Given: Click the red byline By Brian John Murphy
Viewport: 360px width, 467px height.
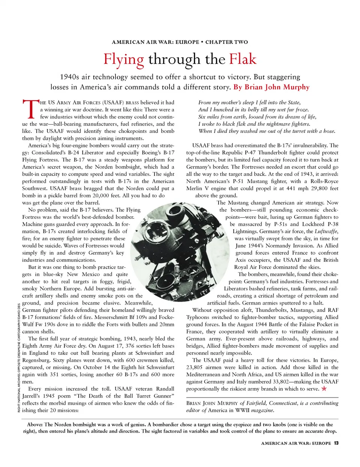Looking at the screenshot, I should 271,87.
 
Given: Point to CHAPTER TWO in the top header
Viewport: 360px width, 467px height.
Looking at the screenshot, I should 226,42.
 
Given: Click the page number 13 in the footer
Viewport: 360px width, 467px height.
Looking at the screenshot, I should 336,443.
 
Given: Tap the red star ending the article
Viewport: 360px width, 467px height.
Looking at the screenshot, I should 324,389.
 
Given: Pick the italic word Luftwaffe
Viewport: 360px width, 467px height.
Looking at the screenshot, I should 326,231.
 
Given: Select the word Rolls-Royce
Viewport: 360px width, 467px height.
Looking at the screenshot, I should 324,181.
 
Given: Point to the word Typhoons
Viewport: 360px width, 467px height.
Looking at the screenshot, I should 198,317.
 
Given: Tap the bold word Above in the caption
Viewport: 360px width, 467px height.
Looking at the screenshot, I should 34,424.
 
